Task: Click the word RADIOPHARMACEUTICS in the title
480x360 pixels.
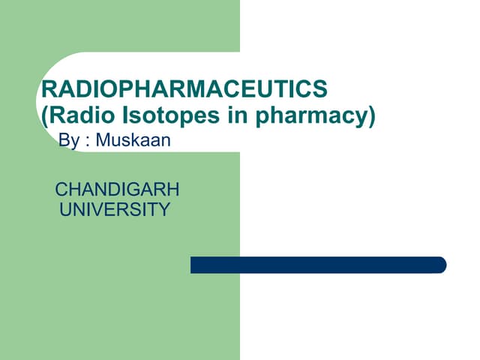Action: click(184, 90)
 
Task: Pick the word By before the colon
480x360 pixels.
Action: click(68, 141)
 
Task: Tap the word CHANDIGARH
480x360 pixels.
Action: click(117, 189)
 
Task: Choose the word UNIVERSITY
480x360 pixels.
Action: click(115, 209)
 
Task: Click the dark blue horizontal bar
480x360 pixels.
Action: click(318, 265)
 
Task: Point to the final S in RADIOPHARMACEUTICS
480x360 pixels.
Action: click(320, 90)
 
